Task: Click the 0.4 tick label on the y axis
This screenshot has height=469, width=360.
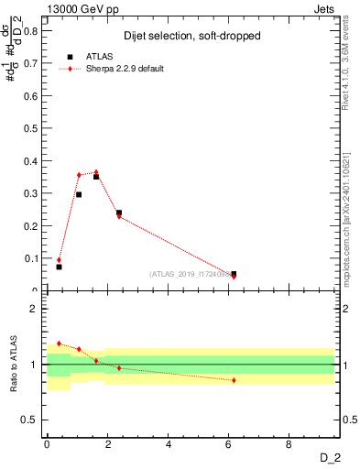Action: tap(34, 161)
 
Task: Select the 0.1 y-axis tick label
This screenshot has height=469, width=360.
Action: tap(34, 258)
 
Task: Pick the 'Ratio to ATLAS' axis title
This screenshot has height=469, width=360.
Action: tap(13, 365)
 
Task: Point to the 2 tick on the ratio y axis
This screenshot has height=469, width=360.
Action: tap(38, 309)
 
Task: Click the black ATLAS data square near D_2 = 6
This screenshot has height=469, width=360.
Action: tap(234, 274)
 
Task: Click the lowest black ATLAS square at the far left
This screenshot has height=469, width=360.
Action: tap(59, 267)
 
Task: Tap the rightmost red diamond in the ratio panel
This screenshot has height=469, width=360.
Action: tap(234, 380)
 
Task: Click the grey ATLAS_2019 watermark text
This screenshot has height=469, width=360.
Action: tap(192, 274)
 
